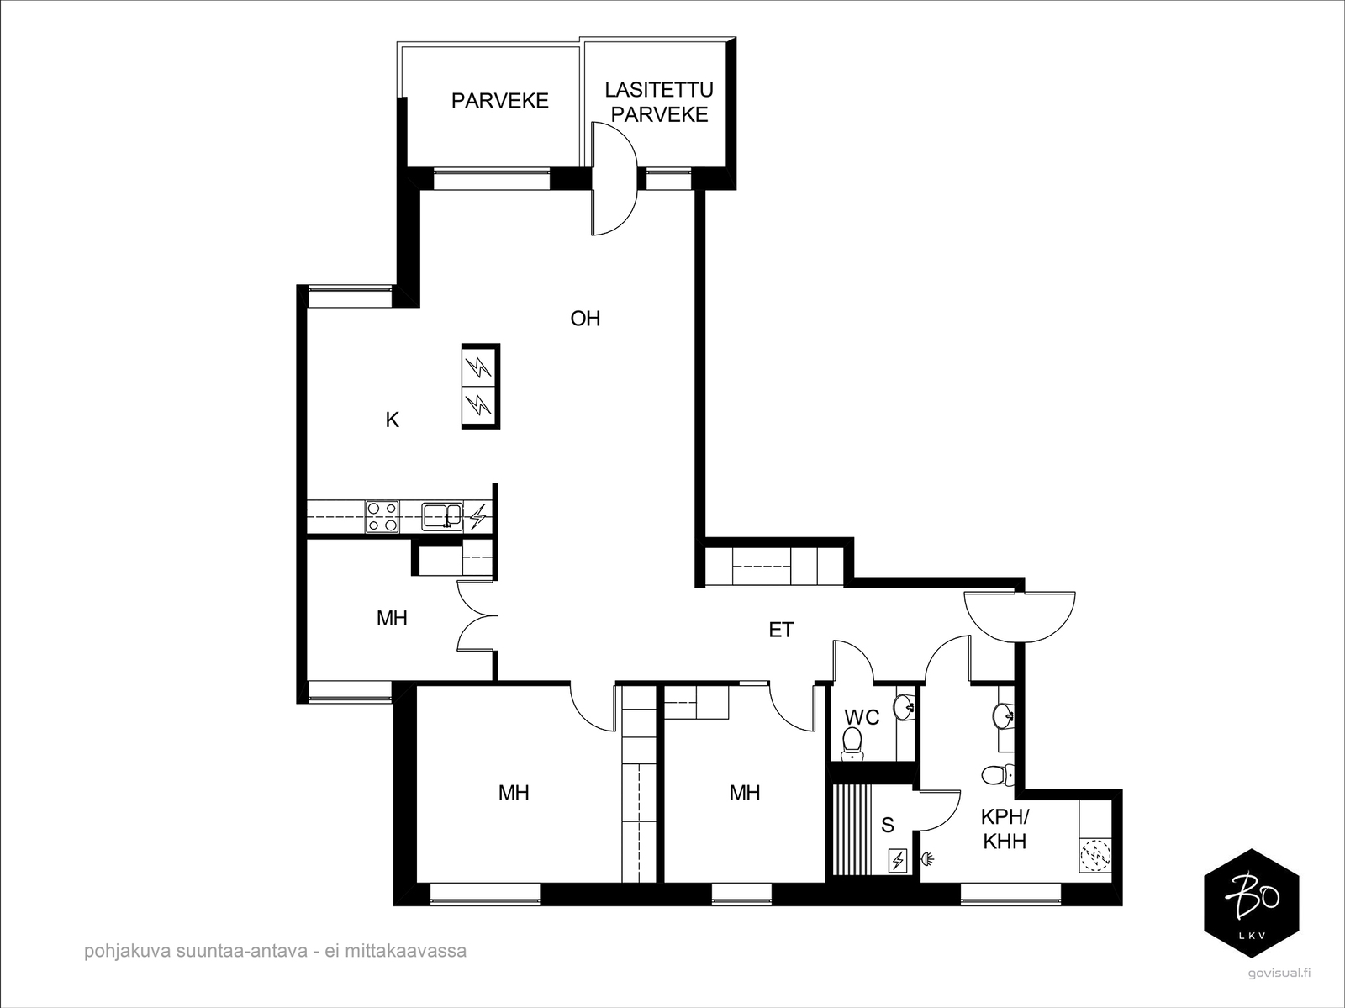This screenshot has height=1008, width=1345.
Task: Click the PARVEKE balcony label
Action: (x=499, y=101)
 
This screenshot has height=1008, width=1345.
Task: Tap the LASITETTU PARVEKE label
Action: (x=659, y=103)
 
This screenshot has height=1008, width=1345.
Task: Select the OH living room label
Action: (x=585, y=319)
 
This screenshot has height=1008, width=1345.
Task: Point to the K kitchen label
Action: (x=393, y=420)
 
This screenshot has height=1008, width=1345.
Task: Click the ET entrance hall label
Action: (x=781, y=630)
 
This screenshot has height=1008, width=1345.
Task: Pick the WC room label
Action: (x=862, y=717)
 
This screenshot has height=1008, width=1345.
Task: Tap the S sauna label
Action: (x=887, y=826)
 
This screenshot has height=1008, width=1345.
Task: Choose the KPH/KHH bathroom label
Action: (x=1005, y=829)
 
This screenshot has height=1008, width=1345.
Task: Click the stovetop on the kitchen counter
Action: (x=382, y=517)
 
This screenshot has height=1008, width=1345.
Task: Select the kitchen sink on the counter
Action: (x=442, y=516)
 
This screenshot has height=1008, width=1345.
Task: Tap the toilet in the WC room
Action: (x=851, y=743)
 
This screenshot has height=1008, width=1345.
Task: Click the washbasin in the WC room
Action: (x=905, y=708)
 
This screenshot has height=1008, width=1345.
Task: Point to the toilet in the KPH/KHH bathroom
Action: (x=997, y=775)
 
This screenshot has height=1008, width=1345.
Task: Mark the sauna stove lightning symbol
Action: (x=898, y=861)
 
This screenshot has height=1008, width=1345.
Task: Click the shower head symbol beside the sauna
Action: (x=928, y=860)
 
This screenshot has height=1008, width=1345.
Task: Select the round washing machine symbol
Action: (x=1094, y=853)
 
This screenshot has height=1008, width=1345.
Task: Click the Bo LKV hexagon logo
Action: (x=1251, y=903)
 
